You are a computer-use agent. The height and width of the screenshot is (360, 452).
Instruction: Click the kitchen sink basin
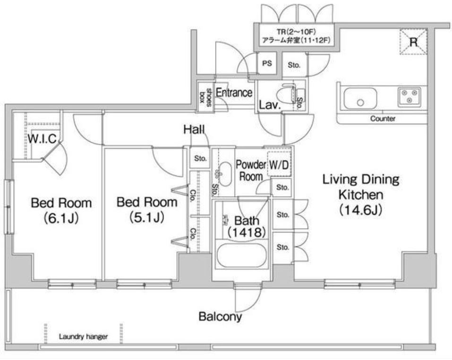[x=360, y=98]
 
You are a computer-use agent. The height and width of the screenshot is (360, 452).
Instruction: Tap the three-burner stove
[x=409, y=96]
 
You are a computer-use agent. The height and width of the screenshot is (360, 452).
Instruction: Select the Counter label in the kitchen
[x=383, y=119]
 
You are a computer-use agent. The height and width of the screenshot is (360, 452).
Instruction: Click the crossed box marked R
[x=413, y=42]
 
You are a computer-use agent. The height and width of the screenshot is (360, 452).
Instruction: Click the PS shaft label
[x=267, y=63]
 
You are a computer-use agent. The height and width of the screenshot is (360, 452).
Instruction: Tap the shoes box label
[x=206, y=97]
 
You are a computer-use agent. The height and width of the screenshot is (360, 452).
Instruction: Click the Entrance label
[x=234, y=93]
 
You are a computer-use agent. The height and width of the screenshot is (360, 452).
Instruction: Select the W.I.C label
[x=43, y=139]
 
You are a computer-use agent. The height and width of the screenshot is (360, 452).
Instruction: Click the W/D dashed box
[x=279, y=164]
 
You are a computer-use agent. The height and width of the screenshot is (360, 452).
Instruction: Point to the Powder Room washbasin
[x=224, y=174]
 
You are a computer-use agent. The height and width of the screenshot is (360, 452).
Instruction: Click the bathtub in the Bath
[x=241, y=256]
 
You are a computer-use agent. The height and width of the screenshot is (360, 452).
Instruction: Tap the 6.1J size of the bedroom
[x=61, y=218]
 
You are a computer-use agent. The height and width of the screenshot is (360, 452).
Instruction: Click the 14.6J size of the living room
[x=361, y=210]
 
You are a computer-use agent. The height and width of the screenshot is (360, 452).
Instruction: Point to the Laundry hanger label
[x=83, y=336]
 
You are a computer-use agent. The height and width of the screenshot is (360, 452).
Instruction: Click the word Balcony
[x=220, y=317]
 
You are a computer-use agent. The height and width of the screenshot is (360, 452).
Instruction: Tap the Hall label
[x=194, y=129]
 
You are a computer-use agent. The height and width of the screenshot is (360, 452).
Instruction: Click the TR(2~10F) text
[x=296, y=32]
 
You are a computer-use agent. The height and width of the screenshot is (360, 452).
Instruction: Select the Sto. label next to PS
[x=294, y=65]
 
